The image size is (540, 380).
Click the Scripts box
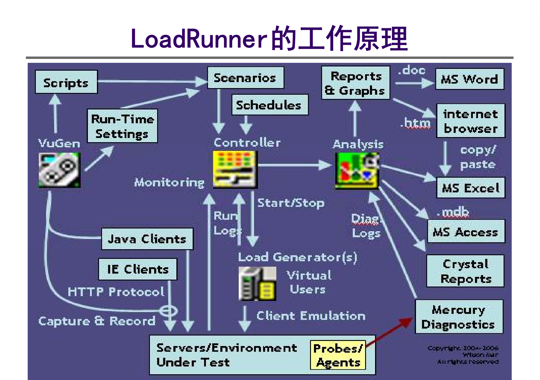pos(66,82)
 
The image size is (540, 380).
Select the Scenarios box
pos(245,78)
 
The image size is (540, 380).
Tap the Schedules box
pos(270,105)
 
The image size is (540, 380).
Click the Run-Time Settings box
pos(122,126)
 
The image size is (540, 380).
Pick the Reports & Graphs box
pos(355,83)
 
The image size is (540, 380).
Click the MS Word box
pos(469,79)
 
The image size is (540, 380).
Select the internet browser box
pos(470,121)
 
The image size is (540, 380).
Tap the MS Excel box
pos(470,188)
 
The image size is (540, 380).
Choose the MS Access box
pos(466,231)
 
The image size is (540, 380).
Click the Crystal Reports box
pos(465,271)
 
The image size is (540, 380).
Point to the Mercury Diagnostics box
pos(458,317)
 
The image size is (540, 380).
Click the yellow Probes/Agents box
pos(338,355)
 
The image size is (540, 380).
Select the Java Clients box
pos(147,239)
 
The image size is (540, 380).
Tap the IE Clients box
pos(138,269)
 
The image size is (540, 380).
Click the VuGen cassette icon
pos(60,170)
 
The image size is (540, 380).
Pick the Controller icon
pos(235,169)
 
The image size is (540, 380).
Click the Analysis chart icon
pos(357,171)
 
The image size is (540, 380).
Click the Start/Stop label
pos(291,203)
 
